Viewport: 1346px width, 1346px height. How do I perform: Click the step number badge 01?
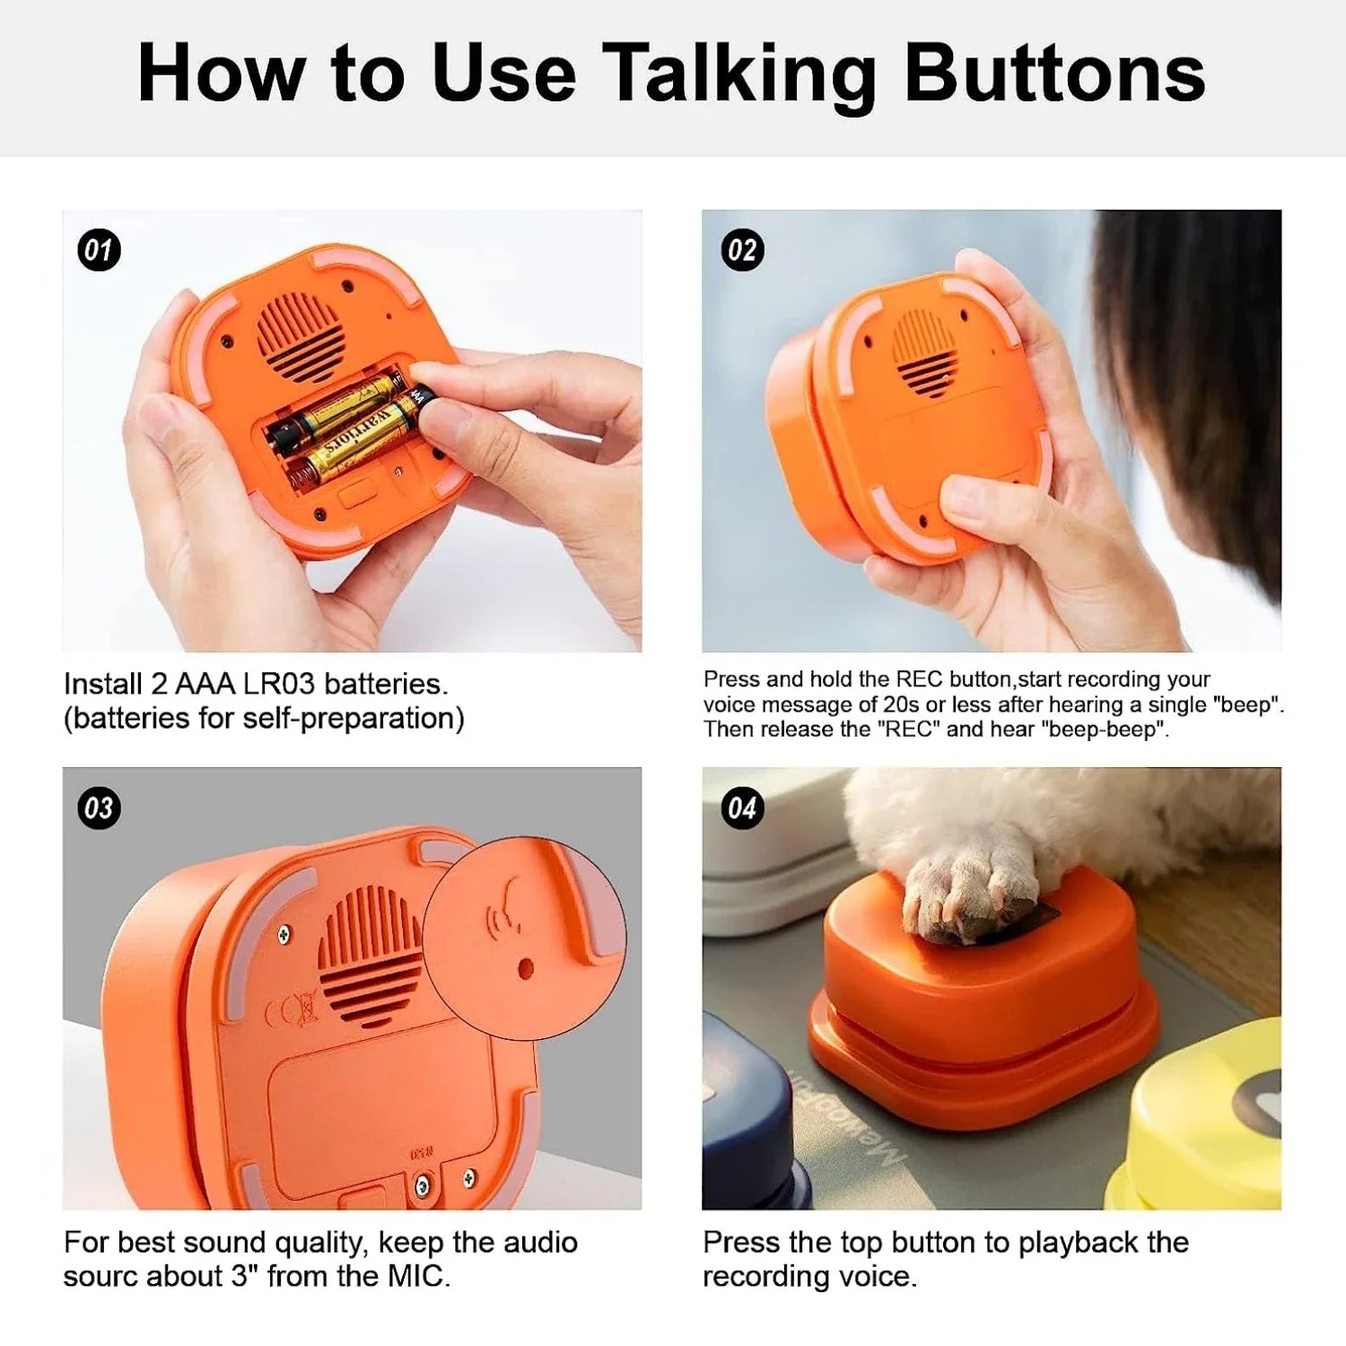pyautogui.click(x=99, y=250)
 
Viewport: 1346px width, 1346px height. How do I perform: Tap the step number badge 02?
pyautogui.click(x=742, y=250)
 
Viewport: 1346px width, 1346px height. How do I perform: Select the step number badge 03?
pyautogui.click(x=99, y=808)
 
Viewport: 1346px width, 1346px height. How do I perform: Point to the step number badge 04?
pyautogui.click(x=742, y=808)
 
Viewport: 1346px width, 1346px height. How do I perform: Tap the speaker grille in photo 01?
pyautogui.click(x=301, y=336)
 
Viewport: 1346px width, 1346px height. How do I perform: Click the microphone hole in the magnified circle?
pyautogui.click(x=527, y=968)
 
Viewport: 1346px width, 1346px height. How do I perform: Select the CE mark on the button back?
pyautogui.click(x=293, y=1012)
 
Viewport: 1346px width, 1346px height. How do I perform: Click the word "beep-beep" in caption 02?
pyautogui.click(x=1105, y=730)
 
